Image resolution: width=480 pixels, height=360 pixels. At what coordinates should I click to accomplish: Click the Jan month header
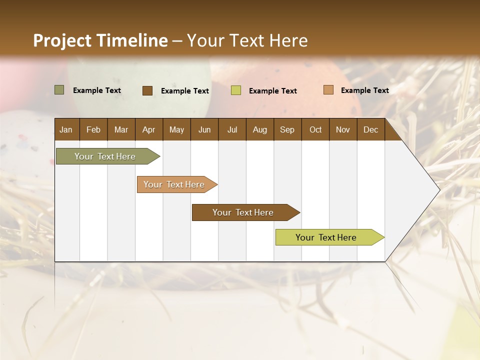(x=66, y=129)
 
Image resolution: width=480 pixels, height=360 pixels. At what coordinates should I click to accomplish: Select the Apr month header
(x=148, y=129)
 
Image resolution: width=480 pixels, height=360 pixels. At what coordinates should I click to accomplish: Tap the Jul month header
(x=232, y=129)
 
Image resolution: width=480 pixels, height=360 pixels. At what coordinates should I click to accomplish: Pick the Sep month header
(x=287, y=129)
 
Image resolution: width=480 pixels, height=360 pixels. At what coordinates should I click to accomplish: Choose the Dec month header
(x=370, y=129)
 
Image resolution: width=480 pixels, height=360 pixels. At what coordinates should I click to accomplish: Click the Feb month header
(x=93, y=129)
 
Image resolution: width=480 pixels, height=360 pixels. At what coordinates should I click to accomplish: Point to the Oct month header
(x=315, y=129)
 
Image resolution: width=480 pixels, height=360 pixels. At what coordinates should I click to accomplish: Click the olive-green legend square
(x=59, y=90)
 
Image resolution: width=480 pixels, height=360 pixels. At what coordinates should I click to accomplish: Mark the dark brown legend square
(x=147, y=90)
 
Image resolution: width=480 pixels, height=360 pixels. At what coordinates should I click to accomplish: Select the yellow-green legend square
(x=236, y=90)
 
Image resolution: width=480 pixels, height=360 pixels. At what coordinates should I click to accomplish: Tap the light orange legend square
(x=328, y=90)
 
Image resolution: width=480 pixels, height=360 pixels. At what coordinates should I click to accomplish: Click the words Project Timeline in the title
(x=100, y=40)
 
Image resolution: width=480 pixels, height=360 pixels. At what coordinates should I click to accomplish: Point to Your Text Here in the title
(x=247, y=40)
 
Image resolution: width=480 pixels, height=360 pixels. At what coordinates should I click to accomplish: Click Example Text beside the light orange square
(x=364, y=90)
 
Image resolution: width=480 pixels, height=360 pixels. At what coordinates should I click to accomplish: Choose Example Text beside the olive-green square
(x=97, y=90)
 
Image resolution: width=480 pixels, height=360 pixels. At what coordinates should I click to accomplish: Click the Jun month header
(x=204, y=129)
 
